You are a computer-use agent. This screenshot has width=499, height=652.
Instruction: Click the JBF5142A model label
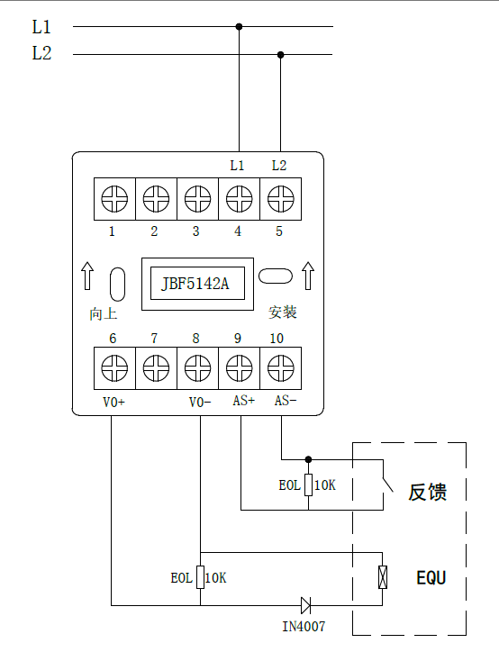195,284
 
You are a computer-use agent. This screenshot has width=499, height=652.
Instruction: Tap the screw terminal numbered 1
114,199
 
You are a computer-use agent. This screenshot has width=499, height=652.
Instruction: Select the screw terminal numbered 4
239,199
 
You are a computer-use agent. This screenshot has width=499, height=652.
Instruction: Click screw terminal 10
281,368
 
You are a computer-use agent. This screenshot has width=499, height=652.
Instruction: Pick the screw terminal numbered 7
156,368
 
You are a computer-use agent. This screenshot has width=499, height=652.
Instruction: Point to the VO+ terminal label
113,402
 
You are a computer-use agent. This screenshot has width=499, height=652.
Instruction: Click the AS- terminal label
286,401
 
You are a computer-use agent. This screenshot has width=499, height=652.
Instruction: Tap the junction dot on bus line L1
239,27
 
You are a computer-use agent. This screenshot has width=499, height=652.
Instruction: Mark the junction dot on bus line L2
281,54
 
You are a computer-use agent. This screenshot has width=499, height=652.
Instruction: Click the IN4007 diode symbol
305,605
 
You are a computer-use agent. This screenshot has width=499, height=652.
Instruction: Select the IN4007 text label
304,626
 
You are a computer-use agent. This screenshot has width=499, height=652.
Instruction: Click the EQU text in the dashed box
431,577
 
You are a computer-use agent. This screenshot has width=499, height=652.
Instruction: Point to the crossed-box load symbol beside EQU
383,577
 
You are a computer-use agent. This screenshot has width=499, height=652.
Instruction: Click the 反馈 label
428,492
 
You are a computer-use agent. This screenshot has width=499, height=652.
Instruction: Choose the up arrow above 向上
87,276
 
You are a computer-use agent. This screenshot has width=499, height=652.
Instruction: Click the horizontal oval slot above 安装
276,276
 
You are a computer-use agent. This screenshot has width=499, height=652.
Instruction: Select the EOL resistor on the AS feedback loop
308,484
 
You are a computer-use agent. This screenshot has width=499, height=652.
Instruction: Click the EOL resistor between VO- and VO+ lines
201,577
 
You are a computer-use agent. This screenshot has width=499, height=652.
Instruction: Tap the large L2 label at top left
41,53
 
